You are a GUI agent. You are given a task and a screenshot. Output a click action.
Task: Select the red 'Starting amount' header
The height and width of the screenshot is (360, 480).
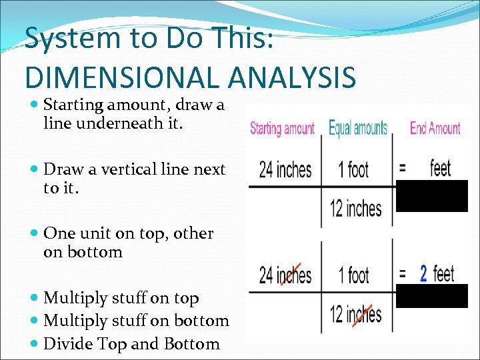tap(282, 129)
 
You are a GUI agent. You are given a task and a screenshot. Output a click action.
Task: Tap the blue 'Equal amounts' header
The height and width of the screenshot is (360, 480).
tap(358, 128)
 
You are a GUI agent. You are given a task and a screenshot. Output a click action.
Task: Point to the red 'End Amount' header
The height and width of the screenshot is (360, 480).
tap(435, 128)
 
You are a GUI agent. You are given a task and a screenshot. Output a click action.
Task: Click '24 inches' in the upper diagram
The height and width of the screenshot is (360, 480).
tap(285, 169)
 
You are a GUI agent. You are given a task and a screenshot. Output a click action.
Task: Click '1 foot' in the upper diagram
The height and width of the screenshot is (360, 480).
tap(353, 169)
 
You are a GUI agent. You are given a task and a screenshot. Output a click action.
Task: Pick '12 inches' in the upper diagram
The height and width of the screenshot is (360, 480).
tap(356, 208)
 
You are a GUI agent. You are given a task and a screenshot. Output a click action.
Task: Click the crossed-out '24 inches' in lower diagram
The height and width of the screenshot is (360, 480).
tap(285, 274)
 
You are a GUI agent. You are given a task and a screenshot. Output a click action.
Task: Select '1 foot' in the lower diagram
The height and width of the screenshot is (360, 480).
tap(353, 274)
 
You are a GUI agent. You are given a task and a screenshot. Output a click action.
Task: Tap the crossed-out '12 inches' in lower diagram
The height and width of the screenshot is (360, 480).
tap(356, 313)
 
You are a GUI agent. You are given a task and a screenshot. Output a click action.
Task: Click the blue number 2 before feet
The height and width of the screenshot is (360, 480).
tap(423, 273)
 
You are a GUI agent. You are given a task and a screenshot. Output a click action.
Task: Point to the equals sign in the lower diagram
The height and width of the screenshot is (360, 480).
tap(402, 274)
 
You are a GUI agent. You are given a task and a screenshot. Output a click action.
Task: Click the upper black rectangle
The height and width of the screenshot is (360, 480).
tap(432, 195)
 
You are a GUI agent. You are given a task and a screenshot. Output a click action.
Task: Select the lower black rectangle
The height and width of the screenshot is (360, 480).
tap(432, 296)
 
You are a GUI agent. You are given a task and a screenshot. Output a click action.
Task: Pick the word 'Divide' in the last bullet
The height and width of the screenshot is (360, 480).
tap(67, 344)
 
